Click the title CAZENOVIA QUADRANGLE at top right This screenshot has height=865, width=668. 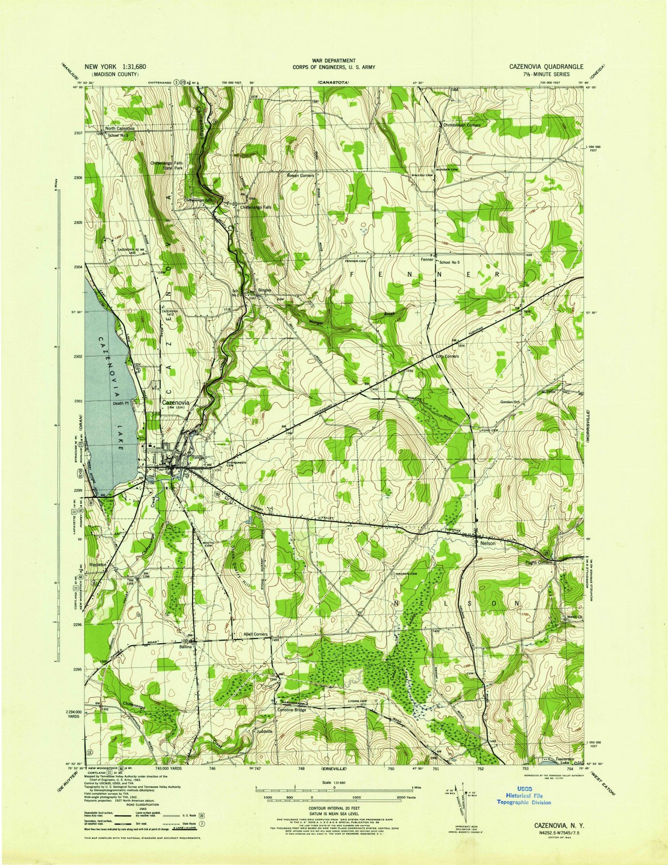(x=546, y=66)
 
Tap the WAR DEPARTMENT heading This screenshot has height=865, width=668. (x=334, y=61)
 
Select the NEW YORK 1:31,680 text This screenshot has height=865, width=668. (x=115, y=66)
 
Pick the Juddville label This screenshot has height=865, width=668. (x=265, y=731)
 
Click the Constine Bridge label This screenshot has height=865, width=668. (x=292, y=710)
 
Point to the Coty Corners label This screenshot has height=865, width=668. (x=447, y=357)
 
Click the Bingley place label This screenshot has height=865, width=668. (x=264, y=290)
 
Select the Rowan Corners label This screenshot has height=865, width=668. (x=300, y=176)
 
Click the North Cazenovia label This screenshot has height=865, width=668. (x=120, y=128)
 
